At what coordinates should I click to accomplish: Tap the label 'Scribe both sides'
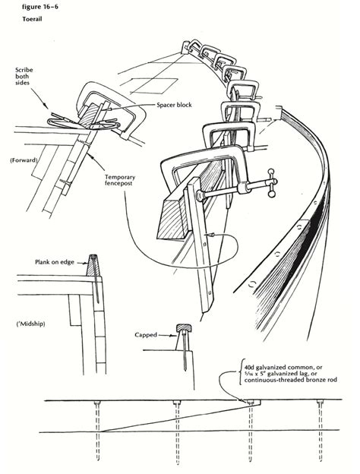click(24, 81)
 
